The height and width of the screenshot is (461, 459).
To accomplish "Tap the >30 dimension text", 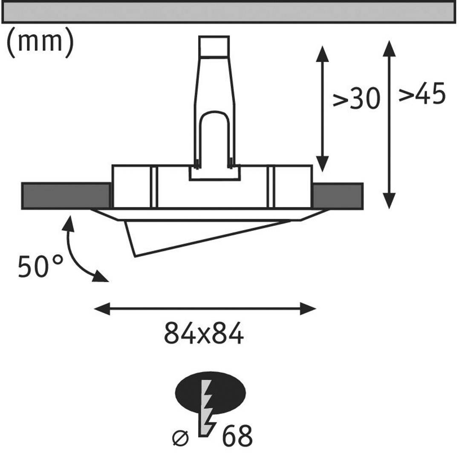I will tap(356, 99).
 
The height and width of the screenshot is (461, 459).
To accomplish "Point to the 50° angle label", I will tap(40, 267).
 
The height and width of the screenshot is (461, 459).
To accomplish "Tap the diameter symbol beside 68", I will tap(180, 438).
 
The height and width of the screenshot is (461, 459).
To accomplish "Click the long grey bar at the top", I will tap(229, 12).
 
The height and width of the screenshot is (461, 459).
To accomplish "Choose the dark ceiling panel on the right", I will tap(338, 196).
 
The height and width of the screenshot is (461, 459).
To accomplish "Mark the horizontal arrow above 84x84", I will tap(205, 308).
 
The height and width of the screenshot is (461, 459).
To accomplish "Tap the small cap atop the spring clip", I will tap(214, 46).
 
